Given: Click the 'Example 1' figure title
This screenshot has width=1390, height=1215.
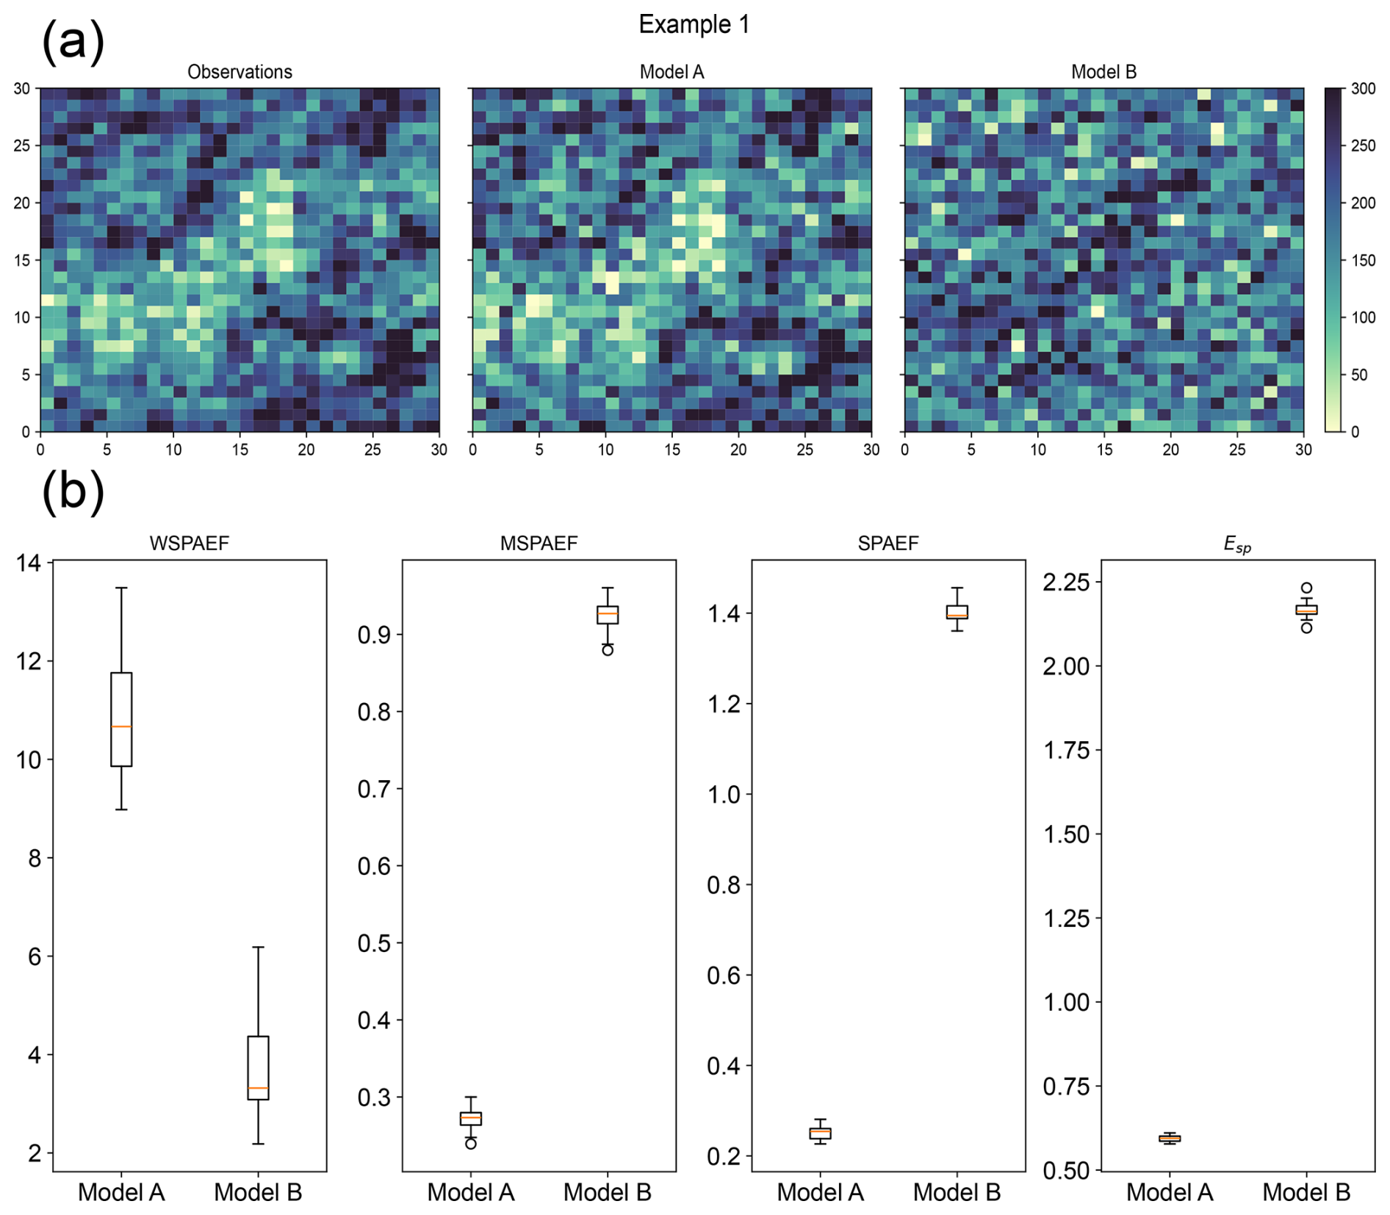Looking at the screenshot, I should [694, 24].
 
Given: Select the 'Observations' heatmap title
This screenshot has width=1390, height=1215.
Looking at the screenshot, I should [240, 72].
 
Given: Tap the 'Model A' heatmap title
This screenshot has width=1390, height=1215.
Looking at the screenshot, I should [671, 72].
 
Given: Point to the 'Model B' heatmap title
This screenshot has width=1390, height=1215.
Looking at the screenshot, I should [1103, 72].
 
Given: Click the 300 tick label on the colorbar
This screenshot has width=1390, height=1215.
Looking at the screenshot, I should [1364, 89].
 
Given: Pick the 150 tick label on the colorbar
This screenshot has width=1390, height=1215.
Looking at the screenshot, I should [1364, 261].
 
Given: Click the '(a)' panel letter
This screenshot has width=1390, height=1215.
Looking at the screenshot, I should [73, 42].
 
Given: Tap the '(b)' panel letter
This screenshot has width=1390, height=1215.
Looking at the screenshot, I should [73, 491].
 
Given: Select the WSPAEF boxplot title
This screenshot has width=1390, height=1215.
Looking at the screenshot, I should [190, 544].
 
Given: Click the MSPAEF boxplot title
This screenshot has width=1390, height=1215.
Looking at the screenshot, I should [539, 544].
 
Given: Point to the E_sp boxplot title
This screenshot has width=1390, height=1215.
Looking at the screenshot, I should [1237, 544].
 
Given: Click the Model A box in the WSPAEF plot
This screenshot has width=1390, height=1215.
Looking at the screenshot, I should [121, 719].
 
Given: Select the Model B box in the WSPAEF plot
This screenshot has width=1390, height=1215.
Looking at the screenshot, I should [258, 1067].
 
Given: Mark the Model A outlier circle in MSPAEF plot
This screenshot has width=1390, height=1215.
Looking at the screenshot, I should [471, 1144].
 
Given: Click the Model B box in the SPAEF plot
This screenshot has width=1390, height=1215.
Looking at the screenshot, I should [957, 612].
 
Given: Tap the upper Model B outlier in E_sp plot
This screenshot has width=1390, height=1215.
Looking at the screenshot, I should [1306, 588].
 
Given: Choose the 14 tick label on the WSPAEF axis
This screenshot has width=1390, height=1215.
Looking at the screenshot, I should [29, 563].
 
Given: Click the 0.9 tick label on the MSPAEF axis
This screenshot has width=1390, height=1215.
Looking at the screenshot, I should [374, 635].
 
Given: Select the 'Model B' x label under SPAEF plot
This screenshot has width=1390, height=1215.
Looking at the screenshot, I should [957, 1192].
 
